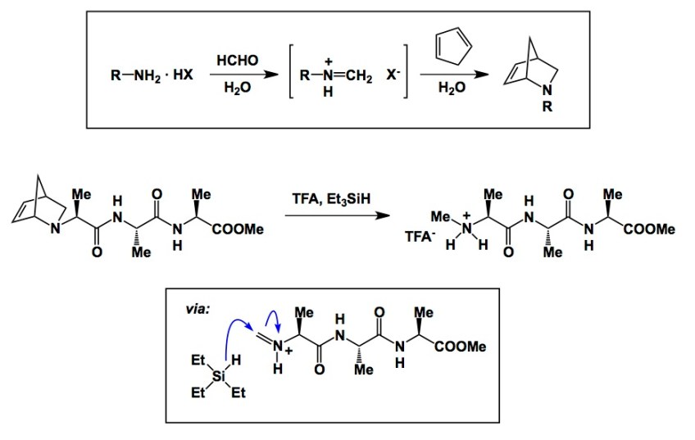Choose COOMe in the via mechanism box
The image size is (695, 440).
tap(460, 347)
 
